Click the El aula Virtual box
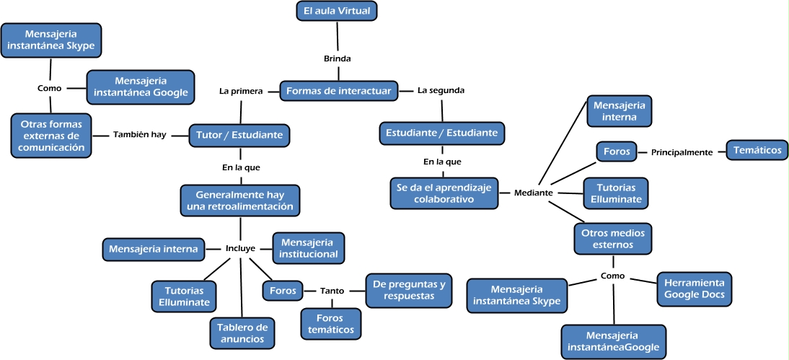coord(337,11)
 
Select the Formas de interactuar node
coord(338,91)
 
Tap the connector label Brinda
coord(337,58)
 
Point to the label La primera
coord(241,91)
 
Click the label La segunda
coord(441,91)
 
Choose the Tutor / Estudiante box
coord(239,134)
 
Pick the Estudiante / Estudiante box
coord(441,133)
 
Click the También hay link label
coord(139,134)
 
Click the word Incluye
coord(240,249)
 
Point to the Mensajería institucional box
coord(308,248)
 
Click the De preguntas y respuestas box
coord(409,290)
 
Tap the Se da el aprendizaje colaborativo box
coord(444,193)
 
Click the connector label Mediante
coord(534,193)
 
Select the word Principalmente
coord(682,152)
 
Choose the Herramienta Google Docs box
coord(695,289)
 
